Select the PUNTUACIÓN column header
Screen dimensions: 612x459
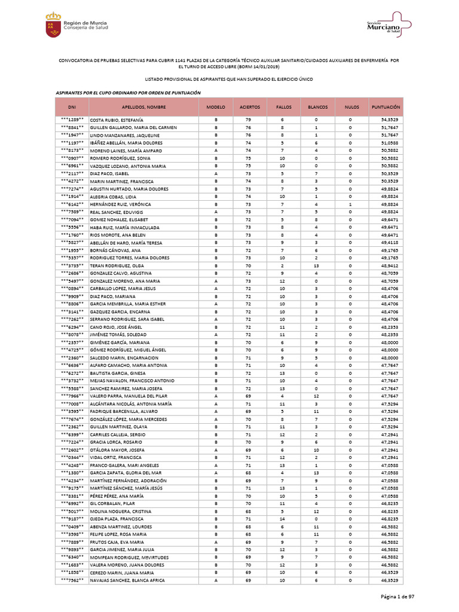pos(385,107)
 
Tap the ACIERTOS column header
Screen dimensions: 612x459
pos(249,107)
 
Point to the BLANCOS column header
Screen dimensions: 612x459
pos(317,107)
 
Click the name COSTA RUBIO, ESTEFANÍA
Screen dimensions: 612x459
pos(117,120)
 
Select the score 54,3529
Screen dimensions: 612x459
pos(389,120)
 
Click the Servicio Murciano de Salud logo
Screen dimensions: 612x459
pos(389,25)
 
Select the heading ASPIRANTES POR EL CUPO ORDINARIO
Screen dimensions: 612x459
pos(128,93)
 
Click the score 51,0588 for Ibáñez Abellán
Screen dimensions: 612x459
pos(389,143)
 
